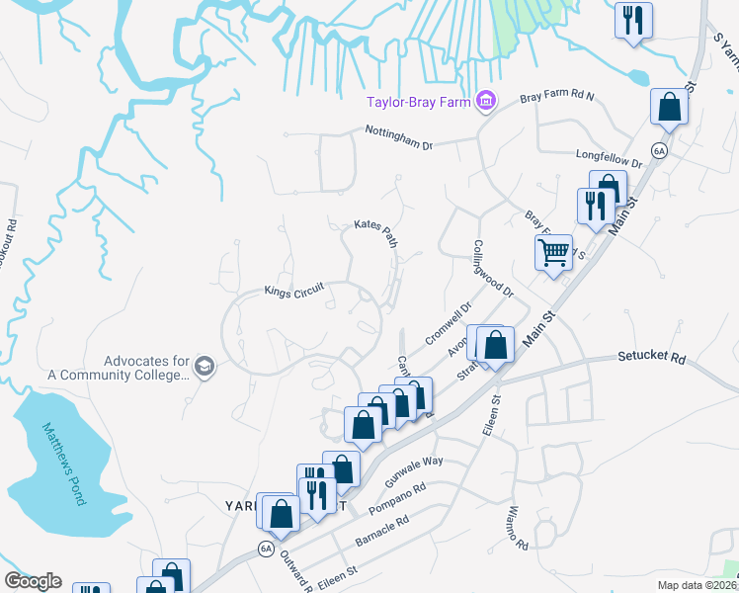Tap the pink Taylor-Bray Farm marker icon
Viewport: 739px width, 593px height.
484,101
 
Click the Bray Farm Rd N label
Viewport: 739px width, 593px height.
558,97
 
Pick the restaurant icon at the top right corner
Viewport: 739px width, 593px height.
631,19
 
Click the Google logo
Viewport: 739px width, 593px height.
33,581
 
